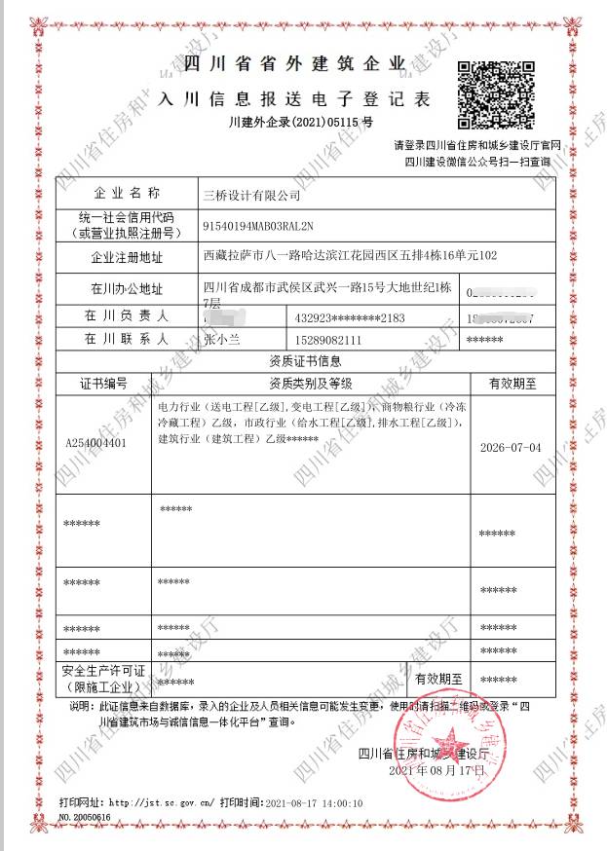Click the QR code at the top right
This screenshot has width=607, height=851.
tap(498, 94)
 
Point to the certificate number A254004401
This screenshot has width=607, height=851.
tap(96, 442)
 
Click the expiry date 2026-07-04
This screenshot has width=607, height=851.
tap(512, 448)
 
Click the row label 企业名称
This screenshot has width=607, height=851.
tap(127, 194)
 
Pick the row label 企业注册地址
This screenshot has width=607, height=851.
tap(127, 258)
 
